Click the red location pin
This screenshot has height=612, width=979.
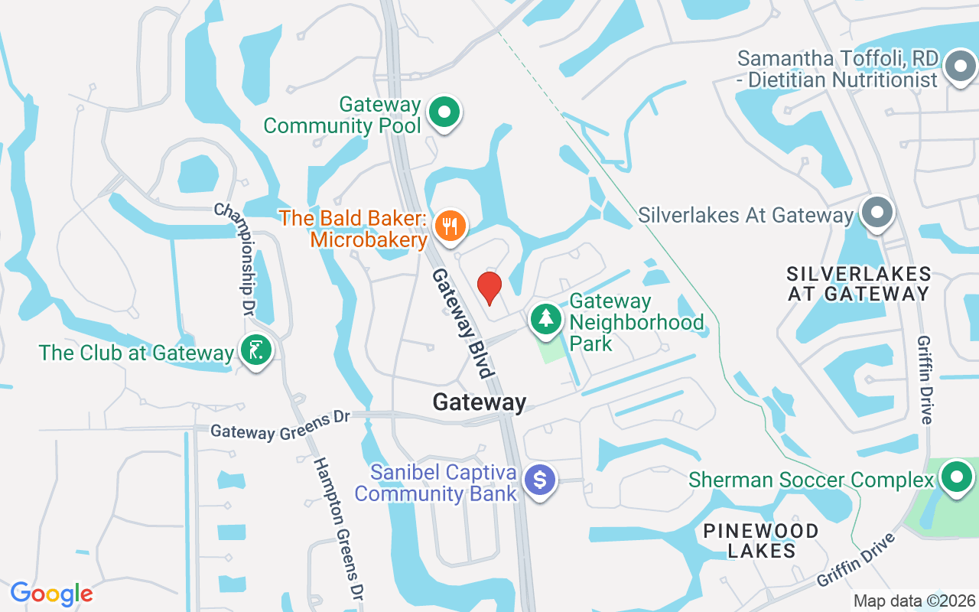489,288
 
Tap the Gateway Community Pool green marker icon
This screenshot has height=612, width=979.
444,112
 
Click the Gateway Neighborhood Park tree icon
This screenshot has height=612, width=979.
545,318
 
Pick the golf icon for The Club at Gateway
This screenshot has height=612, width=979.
256,351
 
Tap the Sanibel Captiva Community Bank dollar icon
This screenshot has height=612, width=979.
541,480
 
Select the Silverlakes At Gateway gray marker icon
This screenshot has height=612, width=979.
877,213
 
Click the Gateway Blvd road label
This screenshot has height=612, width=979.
461,324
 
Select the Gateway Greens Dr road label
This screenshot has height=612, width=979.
280,425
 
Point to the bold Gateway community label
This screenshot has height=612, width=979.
480,402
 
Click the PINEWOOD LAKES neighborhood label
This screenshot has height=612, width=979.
761,540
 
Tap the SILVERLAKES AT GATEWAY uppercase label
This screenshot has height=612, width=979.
858,283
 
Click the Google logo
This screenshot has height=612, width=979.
52,594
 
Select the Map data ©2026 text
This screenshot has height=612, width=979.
915,601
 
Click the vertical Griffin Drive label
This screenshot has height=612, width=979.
925,379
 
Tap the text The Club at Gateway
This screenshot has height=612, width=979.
136,353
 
